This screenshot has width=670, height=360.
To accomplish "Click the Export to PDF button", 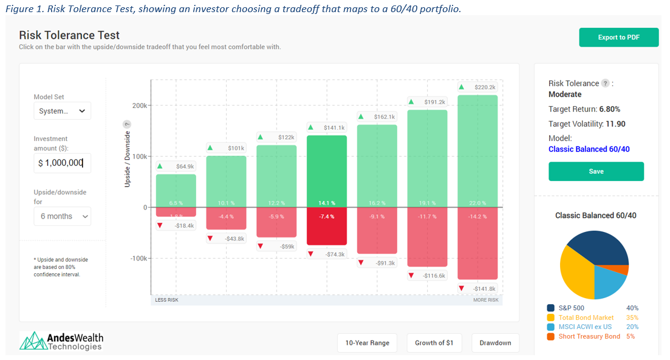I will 618,37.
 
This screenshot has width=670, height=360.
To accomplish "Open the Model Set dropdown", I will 63,111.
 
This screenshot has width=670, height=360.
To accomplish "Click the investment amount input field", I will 63,163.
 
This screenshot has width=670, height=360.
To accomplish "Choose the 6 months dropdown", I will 63,216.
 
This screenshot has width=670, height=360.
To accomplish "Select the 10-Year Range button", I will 367,343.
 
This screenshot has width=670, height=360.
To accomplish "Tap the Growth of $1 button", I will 434,343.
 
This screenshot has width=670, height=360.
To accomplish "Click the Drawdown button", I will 495,343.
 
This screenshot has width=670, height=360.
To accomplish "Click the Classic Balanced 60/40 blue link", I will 589,149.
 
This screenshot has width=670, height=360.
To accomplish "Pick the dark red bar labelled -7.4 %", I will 327,226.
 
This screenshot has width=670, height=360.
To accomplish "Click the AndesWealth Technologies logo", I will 61,341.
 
